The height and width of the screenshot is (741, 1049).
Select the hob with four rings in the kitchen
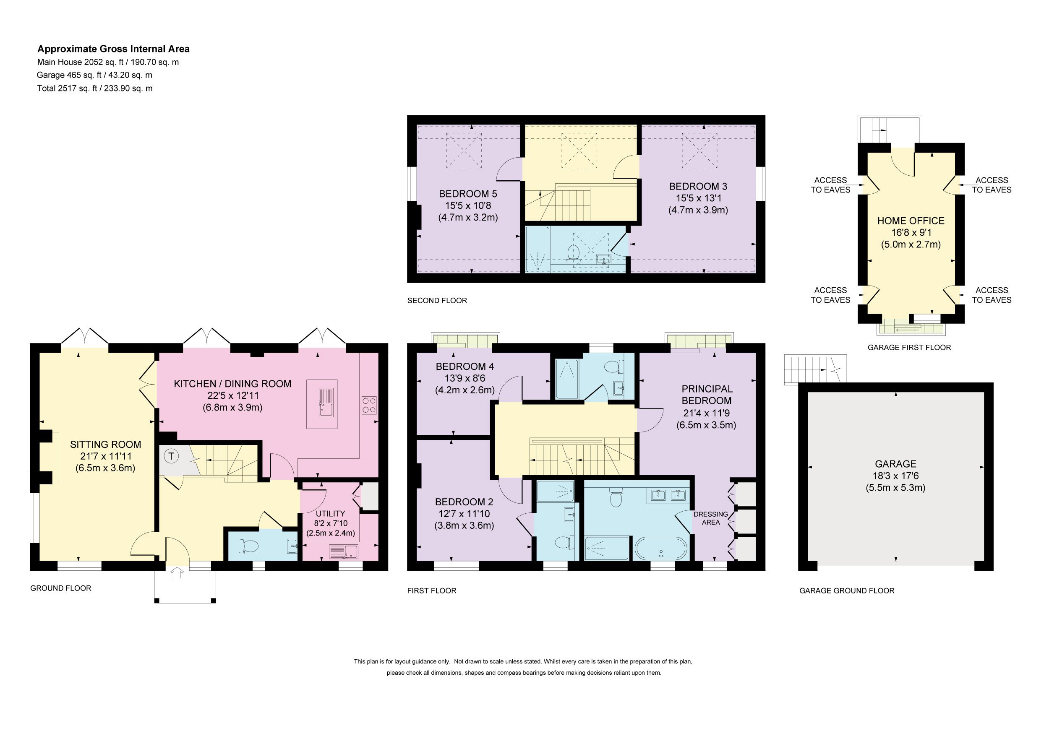(x=369, y=405)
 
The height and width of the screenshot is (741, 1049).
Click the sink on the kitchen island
(x=327, y=402)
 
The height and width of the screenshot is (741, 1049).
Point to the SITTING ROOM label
(x=106, y=444)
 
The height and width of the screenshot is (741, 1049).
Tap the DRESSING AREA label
(x=711, y=518)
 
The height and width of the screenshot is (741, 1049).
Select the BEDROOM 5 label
(x=468, y=194)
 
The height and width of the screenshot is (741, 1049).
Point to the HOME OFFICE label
(x=911, y=221)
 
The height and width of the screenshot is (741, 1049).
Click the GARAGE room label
(x=895, y=464)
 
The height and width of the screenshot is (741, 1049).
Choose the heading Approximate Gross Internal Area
(x=113, y=49)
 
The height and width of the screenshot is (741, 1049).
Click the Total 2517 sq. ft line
(x=95, y=88)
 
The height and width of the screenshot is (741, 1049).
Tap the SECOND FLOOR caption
(x=437, y=300)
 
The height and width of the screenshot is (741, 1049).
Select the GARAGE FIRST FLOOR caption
(x=909, y=348)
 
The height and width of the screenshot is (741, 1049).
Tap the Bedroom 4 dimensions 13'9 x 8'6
(x=464, y=378)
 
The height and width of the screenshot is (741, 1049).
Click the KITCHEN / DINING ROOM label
(x=232, y=384)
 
